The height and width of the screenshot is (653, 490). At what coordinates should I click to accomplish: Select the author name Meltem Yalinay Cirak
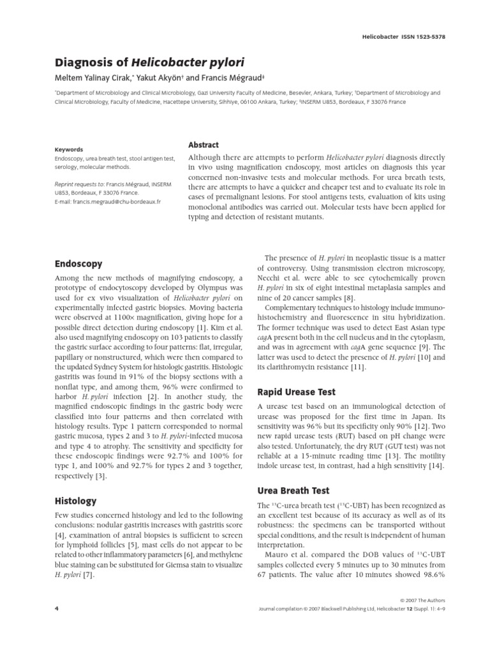tap(100, 78)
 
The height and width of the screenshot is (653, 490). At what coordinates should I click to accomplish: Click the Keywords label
tap(68, 149)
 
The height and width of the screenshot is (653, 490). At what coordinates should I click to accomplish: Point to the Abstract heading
tap(204, 145)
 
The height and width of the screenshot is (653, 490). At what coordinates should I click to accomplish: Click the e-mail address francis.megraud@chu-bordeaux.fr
tap(108, 201)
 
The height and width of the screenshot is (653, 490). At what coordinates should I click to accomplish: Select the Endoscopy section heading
tap(78, 263)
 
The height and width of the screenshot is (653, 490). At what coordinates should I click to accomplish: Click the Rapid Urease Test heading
tap(295, 392)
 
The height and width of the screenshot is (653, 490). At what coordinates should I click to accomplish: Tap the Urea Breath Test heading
tap(293, 490)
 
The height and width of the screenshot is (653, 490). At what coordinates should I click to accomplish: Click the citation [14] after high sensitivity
tap(436, 466)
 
